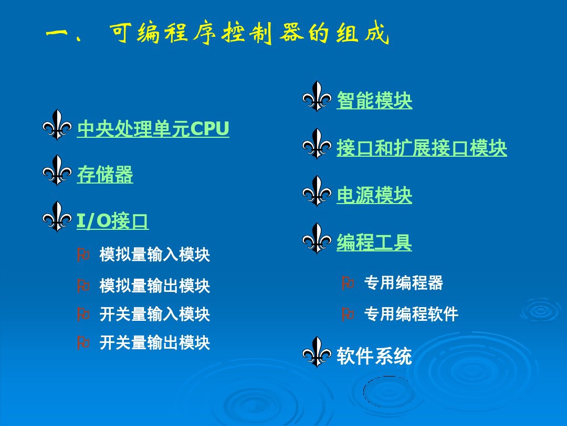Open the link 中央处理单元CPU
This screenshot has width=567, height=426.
(x=153, y=129)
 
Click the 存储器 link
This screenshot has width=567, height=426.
(x=105, y=175)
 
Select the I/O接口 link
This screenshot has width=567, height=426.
(x=112, y=221)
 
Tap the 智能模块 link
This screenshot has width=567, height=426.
(x=374, y=100)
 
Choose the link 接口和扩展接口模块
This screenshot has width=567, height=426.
(x=422, y=148)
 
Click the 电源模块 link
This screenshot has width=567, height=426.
(x=374, y=196)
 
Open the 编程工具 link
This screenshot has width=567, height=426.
(x=374, y=242)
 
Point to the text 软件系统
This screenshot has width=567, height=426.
(x=374, y=357)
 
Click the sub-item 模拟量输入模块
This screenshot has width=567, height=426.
(x=155, y=255)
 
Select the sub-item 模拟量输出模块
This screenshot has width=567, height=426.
(x=155, y=286)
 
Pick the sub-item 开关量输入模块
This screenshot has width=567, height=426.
(x=155, y=315)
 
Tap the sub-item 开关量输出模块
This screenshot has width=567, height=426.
(x=155, y=343)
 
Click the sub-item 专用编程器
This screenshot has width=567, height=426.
(x=403, y=283)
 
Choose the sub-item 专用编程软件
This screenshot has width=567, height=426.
(x=411, y=315)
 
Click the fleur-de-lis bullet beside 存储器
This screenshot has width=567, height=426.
(x=57, y=170)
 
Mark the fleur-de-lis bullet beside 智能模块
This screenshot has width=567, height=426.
(x=317, y=96)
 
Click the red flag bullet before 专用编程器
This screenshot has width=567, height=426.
(x=348, y=283)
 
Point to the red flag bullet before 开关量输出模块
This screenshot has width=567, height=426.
(x=83, y=343)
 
